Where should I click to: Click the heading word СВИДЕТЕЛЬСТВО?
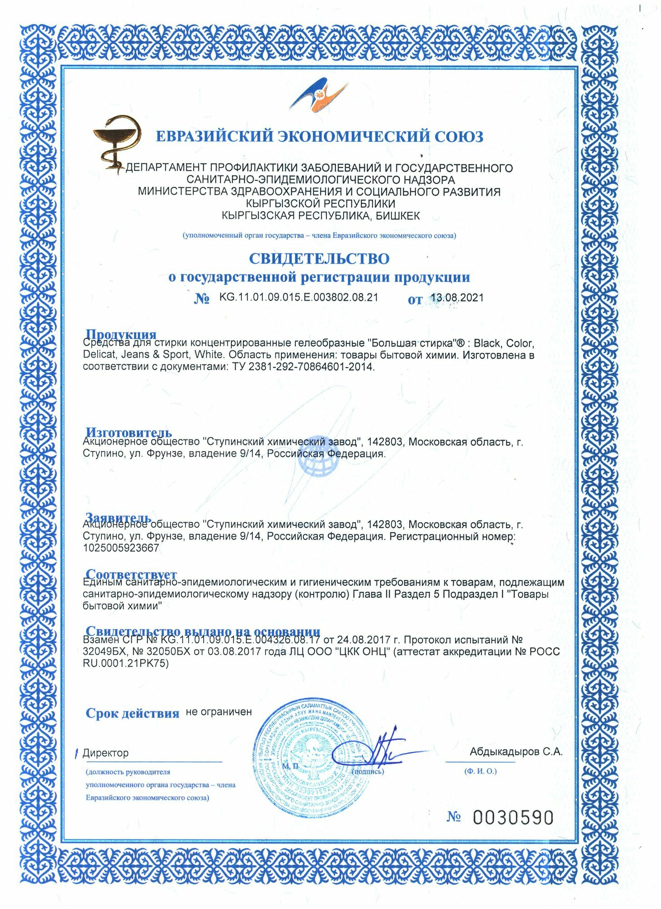pyautogui.click(x=319, y=259)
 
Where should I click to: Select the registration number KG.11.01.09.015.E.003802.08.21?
pyautogui.click(x=299, y=297)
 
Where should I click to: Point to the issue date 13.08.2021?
pyautogui.click(x=457, y=298)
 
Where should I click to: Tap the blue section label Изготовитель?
pyautogui.click(x=129, y=432)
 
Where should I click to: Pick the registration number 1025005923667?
pyautogui.click(x=121, y=548)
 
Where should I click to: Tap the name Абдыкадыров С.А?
pyautogui.click(x=516, y=752)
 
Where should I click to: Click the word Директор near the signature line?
pyautogui.click(x=105, y=753)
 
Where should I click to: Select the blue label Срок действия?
pyautogui.click(x=132, y=713)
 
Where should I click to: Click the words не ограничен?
pyautogui.click(x=219, y=712)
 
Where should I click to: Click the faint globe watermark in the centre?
pyautogui.click(x=318, y=461)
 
